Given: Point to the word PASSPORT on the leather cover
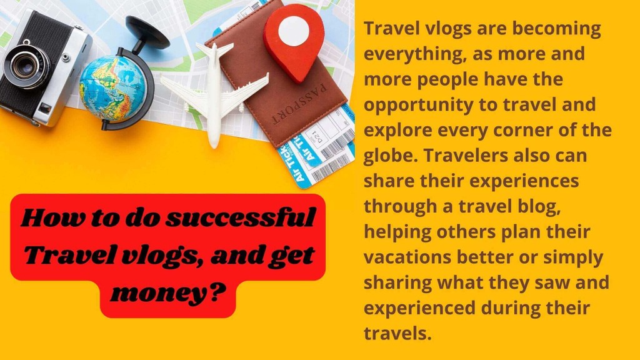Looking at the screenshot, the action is click(x=299, y=105).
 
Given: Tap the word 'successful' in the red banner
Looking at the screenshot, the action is click(x=241, y=218).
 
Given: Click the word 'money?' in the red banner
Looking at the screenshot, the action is click(x=168, y=292).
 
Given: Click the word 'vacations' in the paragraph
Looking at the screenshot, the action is click(x=407, y=257).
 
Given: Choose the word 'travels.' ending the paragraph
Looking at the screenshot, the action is click(x=397, y=333).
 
